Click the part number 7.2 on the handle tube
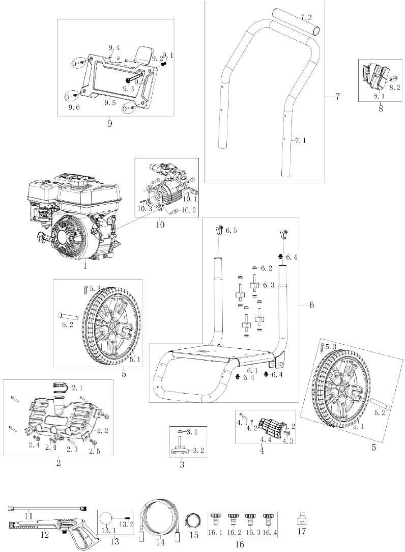click(306, 17)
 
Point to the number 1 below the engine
click(85, 265)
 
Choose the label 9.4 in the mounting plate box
click(114, 47)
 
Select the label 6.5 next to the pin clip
click(231, 231)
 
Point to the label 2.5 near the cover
click(95, 451)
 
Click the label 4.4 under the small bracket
click(266, 439)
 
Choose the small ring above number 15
click(193, 521)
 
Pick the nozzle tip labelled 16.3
click(250, 520)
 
